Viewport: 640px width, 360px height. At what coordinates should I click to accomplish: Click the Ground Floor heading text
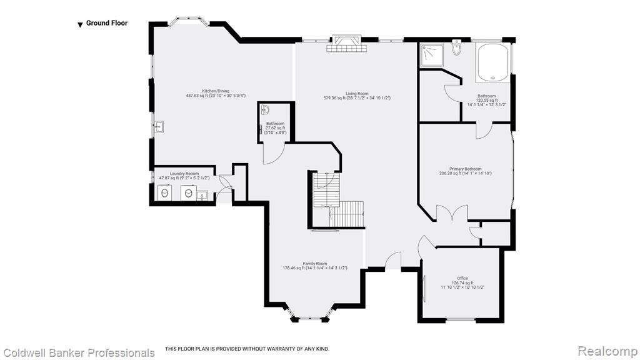tap(106, 23)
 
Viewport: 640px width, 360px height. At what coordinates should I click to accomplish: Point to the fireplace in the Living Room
tap(346, 44)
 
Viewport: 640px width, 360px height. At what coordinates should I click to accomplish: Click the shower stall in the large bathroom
tap(432, 56)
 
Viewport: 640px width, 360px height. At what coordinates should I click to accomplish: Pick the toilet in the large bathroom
tap(456, 47)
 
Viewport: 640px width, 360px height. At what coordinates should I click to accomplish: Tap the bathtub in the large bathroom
tap(492, 62)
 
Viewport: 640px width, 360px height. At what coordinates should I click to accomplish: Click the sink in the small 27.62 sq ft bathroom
tap(265, 110)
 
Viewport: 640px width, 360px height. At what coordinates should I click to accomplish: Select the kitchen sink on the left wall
tap(159, 127)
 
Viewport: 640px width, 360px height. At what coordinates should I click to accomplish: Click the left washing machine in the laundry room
tap(164, 192)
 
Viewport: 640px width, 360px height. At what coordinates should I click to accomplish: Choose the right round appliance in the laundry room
tap(188, 192)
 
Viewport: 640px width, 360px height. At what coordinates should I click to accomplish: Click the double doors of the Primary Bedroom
tap(452, 212)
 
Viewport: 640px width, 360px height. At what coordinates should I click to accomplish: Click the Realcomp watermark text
tap(607, 351)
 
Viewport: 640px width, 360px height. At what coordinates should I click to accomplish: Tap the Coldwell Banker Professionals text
tap(79, 352)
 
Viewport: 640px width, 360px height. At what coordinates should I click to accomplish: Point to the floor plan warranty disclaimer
tap(247, 349)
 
